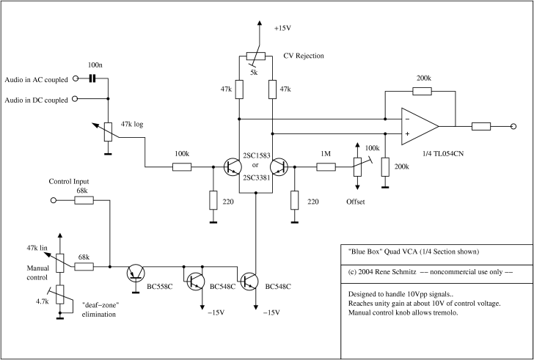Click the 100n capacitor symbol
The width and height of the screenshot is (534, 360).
tap(92, 78)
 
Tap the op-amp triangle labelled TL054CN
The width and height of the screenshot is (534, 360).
tap(420, 126)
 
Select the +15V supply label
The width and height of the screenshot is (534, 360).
tap(282, 29)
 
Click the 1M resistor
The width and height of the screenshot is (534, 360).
tap(326, 166)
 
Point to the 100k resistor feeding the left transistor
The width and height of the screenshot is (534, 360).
tap(182, 166)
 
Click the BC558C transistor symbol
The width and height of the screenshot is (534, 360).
tap(136, 273)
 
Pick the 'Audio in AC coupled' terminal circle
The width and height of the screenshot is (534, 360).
tap(76, 78)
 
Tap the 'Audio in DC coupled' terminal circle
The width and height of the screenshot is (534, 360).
tap(75, 99)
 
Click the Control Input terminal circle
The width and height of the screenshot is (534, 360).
tap(53, 200)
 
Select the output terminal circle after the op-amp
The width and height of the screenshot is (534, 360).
tap(513, 126)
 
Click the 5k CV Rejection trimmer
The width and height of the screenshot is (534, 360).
tap(256, 56)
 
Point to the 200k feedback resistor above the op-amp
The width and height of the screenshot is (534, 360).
tap(422, 91)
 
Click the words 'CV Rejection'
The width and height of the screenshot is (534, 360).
tap(304, 56)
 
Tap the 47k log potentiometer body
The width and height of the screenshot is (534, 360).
tap(108, 132)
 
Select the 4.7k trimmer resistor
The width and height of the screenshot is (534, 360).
tap(60, 295)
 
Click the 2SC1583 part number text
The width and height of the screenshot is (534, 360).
tap(257, 155)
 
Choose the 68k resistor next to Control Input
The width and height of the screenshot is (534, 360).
tap(84, 200)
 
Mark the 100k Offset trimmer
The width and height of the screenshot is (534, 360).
tap(357, 166)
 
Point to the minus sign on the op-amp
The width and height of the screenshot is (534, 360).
tap(407, 119)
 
